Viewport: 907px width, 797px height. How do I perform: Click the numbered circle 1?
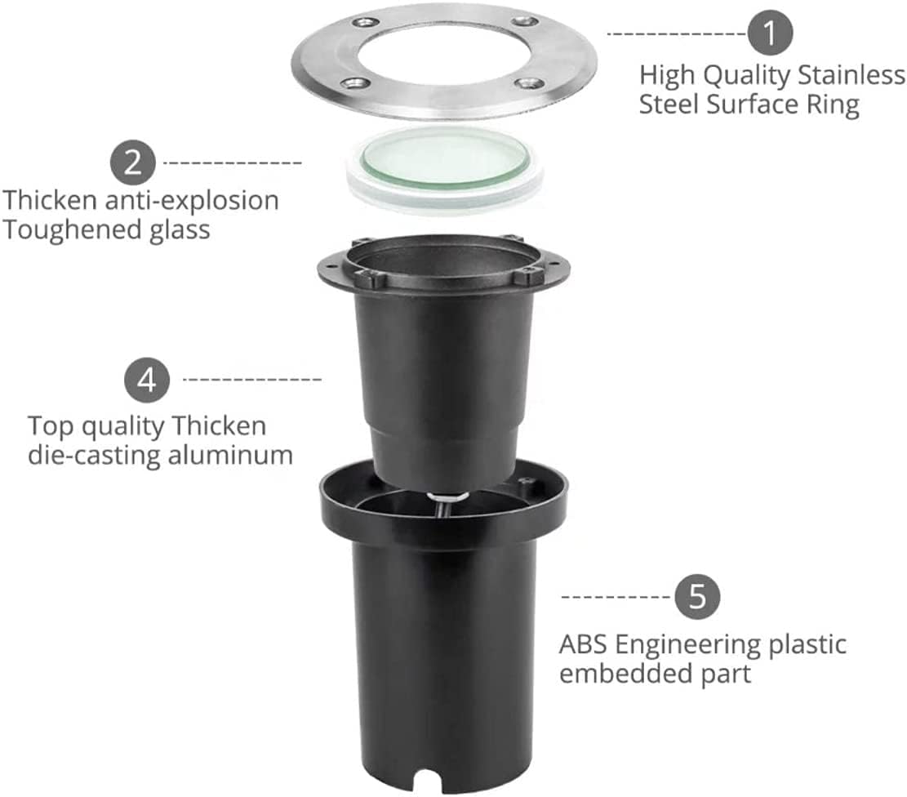point(769,33)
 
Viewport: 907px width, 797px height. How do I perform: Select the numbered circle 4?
point(147,381)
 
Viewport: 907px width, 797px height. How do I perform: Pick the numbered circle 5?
point(698,596)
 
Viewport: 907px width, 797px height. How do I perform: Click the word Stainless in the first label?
point(851,75)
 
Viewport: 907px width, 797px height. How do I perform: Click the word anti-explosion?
point(192,201)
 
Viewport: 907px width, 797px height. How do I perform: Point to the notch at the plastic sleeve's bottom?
point(428,781)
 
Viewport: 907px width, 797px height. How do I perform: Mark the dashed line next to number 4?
point(252,380)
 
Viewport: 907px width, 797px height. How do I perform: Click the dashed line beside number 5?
point(616,597)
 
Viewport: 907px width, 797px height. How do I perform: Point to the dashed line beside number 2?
point(233,163)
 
